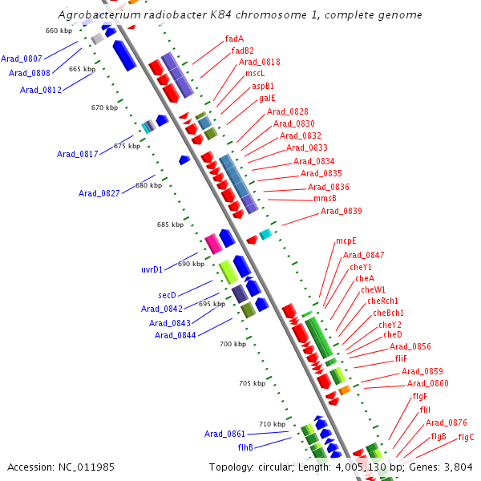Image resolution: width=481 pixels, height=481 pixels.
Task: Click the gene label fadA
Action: click(234, 38)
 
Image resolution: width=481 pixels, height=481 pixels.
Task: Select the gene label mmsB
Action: click(325, 198)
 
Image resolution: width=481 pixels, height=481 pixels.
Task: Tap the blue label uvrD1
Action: click(152, 269)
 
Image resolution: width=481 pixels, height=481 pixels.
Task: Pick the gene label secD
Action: click(167, 295)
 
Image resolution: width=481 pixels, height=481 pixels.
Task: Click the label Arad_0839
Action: click(342, 212)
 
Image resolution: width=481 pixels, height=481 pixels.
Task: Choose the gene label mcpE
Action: click(346, 240)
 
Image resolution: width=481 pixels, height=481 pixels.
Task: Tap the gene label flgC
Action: click(466, 437)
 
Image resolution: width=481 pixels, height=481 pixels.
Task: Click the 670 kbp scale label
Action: click(104, 107)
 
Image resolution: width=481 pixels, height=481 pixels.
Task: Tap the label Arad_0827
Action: click(99, 193)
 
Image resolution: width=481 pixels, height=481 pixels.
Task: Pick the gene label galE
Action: click(267, 98)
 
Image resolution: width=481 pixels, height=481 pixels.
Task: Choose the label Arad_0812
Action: click(41, 90)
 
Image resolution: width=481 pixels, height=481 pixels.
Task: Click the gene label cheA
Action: click(365, 278)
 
